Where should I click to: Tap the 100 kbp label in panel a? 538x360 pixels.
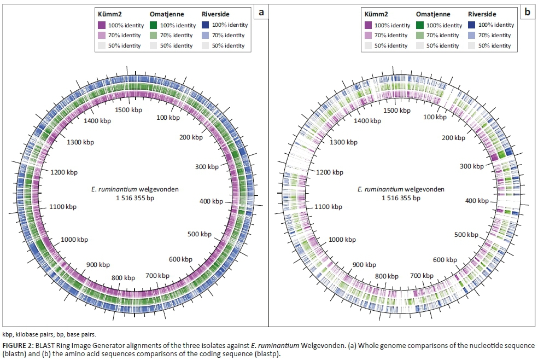[x=166, y=118]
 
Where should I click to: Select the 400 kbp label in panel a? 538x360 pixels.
[x=211, y=201]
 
